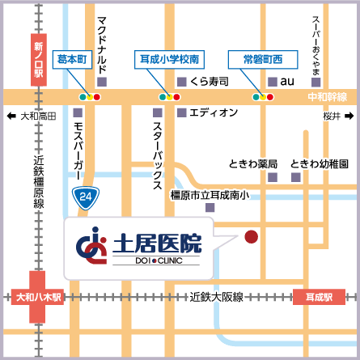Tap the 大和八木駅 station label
[38, 297]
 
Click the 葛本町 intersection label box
[72, 59]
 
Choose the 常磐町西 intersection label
[262, 59]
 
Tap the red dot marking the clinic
[251, 237]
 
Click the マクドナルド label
[101, 44]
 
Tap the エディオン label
[214, 112]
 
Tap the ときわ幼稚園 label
[320, 163]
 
